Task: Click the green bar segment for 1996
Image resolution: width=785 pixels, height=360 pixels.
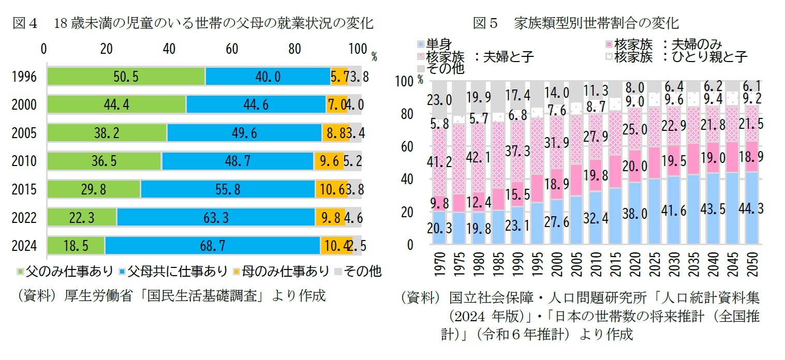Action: click(126, 77)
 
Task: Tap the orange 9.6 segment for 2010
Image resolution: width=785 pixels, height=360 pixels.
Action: click(329, 161)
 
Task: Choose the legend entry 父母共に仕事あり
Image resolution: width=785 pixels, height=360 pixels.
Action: click(173, 271)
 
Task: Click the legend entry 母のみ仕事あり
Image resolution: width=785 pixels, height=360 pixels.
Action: click(279, 271)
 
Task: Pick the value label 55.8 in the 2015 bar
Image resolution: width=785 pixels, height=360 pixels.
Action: click(227, 189)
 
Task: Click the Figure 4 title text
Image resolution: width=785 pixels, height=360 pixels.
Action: click(192, 23)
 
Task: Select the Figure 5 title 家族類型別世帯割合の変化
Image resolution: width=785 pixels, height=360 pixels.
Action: click(576, 23)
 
